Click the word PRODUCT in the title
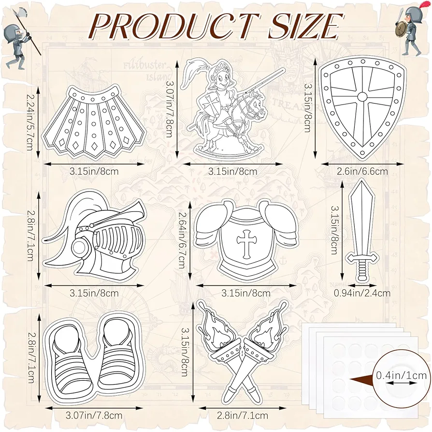(x=173, y=26)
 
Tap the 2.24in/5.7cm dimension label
(x=30, y=121)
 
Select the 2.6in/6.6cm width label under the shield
(x=362, y=171)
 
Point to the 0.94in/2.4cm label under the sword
(x=362, y=293)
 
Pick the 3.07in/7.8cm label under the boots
(x=94, y=415)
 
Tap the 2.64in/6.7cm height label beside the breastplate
(x=182, y=240)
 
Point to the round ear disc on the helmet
(x=79, y=246)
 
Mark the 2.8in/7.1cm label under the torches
(x=243, y=415)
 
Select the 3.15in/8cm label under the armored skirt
(x=94, y=171)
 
